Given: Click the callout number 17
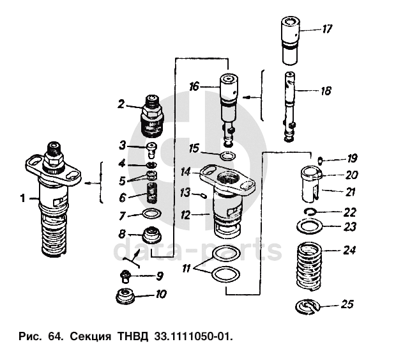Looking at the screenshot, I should (x=327, y=29).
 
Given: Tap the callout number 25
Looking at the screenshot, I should (x=347, y=304).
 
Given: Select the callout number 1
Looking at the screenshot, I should (x=22, y=199).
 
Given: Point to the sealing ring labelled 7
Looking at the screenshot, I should (x=151, y=214).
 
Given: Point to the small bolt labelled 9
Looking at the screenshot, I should (x=125, y=276).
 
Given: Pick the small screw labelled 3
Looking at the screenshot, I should (x=151, y=150).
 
